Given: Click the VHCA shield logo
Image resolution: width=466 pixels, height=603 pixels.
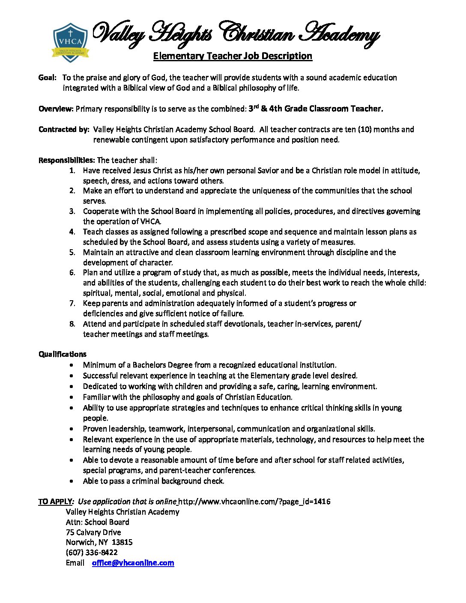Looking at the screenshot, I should point(70,42).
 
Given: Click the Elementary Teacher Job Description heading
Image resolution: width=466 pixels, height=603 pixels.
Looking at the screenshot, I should point(233,56).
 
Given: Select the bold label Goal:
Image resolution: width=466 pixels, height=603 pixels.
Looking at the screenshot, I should point(48,78).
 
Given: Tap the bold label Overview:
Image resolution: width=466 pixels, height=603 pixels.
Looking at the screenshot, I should point(56,109).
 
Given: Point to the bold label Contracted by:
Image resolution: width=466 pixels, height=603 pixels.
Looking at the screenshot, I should point(64,129).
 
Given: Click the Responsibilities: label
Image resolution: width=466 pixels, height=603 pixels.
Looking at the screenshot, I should point(67,160).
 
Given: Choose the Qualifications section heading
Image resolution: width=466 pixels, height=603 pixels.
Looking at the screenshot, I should point(63,354).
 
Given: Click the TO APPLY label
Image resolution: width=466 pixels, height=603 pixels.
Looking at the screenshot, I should point(55,502).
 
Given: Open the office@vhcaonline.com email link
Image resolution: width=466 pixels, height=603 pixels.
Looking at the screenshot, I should point(133,563).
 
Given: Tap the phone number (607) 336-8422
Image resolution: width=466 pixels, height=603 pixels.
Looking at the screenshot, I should point(92,552).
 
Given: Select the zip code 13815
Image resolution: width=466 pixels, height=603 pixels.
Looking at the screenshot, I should point(122,542).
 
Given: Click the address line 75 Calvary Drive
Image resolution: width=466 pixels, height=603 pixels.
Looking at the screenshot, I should point(93,532).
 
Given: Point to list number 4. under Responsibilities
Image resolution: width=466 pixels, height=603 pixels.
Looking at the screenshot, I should point(72,232).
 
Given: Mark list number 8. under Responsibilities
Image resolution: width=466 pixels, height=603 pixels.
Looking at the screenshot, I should point(72,324).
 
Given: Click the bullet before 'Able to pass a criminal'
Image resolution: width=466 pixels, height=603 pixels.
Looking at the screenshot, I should point(73,481).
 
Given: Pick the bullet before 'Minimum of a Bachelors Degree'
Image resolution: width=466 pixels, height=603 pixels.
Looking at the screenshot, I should point(73,365).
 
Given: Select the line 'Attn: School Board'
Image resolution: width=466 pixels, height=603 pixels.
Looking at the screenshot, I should point(97,522).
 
